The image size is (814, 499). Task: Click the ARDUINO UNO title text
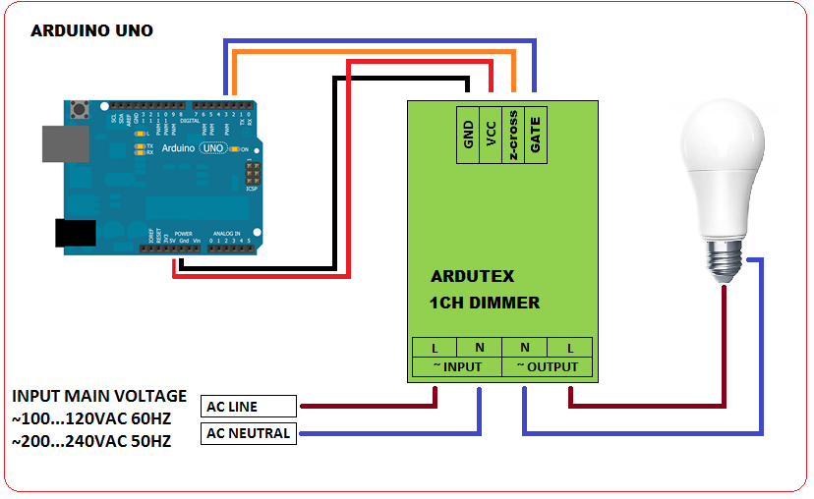tap(91, 30)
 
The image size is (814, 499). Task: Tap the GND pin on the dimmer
tap(469, 134)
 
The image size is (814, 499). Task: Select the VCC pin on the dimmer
tap(491, 134)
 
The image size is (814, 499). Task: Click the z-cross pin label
tap(512, 134)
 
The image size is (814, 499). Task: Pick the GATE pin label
tap(535, 134)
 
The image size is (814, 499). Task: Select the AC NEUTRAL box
tap(249, 433)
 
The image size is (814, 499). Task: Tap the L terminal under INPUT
tap(435, 347)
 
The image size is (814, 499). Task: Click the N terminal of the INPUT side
tap(479, 347)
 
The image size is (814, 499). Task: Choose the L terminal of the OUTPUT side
tap(570, 347)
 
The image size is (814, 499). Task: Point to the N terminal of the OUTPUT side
tap(525, 347)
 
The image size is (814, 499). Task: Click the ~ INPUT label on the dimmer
tap(455, 367)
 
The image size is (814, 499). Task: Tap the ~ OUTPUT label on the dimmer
tap(548, 367)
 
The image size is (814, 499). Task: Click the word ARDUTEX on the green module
tap(472, 276)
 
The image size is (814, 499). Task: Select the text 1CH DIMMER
tap(485, 303)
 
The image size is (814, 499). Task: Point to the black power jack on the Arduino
tap(74, 232)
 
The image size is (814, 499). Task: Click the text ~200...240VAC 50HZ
tap(91, 442)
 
